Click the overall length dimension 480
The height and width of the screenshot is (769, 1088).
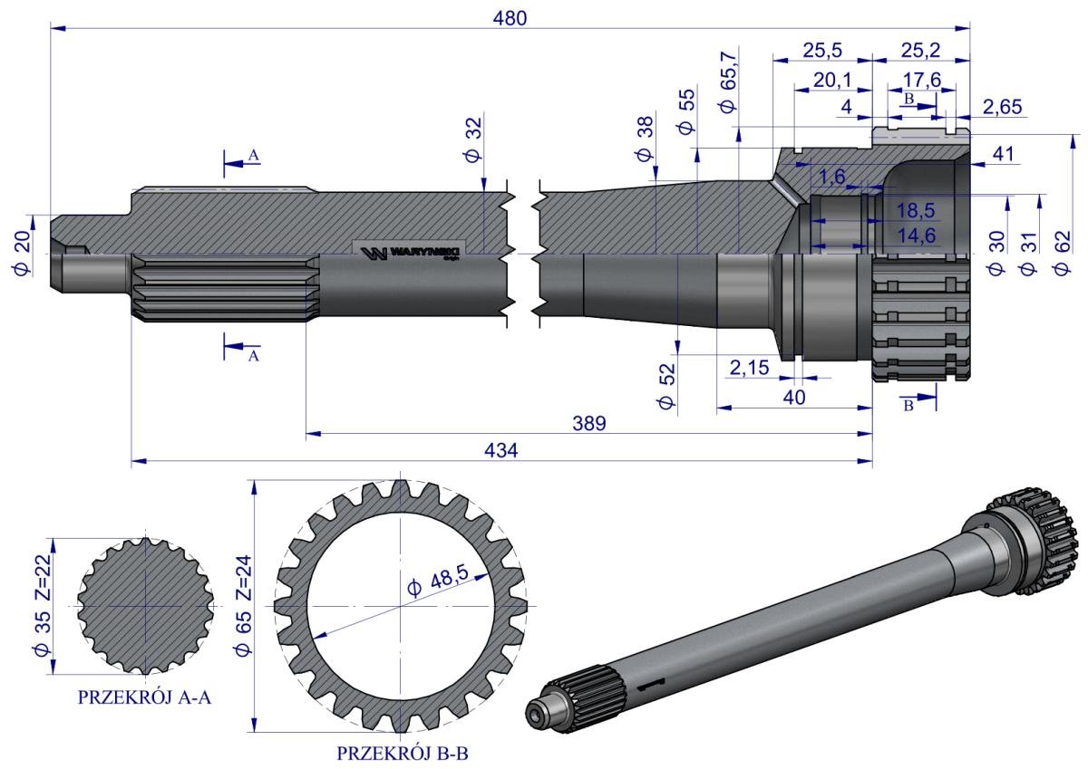point(510,17)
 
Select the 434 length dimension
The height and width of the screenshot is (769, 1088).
point(500,451)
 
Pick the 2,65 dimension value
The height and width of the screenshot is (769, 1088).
point(1001,107)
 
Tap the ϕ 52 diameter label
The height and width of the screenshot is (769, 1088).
point(668,386)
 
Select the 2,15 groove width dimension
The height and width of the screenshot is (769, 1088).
point(749,368)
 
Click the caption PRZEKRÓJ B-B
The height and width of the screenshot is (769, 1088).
point(402,753)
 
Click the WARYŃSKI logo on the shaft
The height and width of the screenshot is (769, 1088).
point(411,251)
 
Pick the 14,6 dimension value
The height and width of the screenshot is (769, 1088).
point(917,234)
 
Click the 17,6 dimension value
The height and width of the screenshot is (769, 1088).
point(922,81)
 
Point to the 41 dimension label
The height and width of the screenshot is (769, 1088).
point(1001,155)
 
